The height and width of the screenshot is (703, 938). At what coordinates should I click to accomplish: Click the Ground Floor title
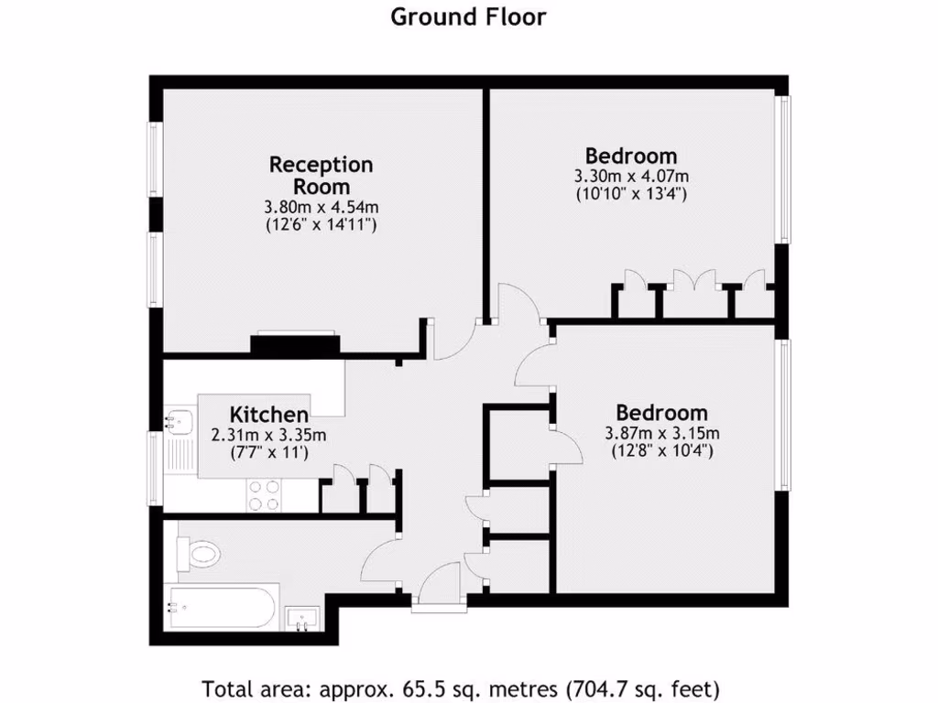(x=468, y=16)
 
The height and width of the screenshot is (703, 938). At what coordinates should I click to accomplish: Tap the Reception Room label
(x=321, y=175)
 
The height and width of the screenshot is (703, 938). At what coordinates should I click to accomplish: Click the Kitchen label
(x=268, y=414)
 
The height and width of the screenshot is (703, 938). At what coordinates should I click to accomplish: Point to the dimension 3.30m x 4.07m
(x=631, y=176)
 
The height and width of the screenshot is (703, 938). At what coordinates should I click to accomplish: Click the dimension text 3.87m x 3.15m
(x=661, y=433)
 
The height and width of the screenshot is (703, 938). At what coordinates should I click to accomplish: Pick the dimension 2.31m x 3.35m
(x=268, y=435)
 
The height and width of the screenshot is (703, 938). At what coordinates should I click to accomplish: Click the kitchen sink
(x=177, y=423)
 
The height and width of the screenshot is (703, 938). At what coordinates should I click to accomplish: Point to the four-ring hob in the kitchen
(x=266, y=495)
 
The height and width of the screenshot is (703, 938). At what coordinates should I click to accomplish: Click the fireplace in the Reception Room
(x=295, y=344)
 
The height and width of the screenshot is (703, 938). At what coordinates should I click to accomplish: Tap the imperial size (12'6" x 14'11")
(x=321, y=223)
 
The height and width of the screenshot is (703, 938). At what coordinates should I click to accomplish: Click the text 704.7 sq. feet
(x=644, y=687)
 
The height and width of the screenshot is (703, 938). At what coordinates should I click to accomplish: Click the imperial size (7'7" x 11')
(x=268, y=452)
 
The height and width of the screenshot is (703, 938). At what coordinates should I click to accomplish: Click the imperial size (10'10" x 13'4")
(x=631, y=193)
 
